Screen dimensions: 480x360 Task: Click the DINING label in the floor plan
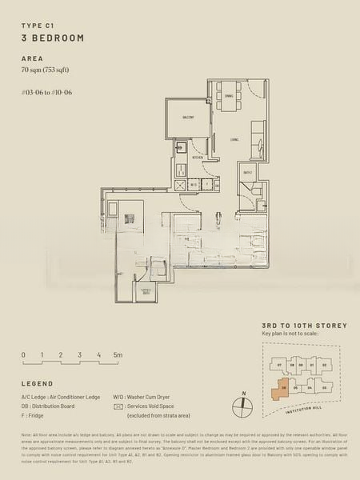(229, 96)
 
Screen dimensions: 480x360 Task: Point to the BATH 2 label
(248, 172)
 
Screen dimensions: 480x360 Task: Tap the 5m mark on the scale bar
(117, 354)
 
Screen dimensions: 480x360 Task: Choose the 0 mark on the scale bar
(23, 354)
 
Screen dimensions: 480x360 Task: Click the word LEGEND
(38, 383)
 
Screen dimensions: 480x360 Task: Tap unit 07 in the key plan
(280, 366)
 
